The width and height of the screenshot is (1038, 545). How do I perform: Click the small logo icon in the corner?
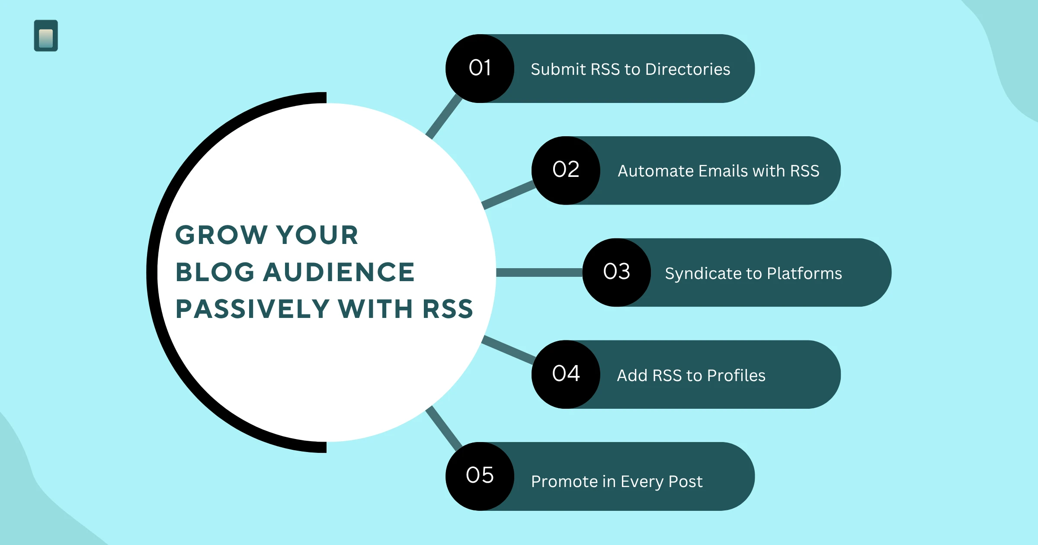(x=46, y=36)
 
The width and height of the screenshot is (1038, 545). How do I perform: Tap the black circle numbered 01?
(x=480, y=68)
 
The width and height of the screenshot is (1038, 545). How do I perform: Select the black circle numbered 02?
(x=566, y=170)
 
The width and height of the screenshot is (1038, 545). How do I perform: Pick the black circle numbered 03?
(x=616, y=272)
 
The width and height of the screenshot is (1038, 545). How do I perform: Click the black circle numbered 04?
(x=566, y=375)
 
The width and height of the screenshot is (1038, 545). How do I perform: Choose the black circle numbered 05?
(x=480, y=476)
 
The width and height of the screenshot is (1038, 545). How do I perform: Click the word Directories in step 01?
(x=688, y=69)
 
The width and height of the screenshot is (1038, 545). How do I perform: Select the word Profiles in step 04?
(x=736, y=375)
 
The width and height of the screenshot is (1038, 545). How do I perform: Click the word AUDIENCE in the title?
(x=339, y=272)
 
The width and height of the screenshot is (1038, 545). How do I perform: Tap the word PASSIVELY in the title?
(x=253, y=309)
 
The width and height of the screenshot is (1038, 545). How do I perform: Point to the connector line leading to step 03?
(x=539, y=272)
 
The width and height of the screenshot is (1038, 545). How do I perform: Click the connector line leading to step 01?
(x=444, y=116)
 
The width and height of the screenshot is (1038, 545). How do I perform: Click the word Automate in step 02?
(x=656, y=171)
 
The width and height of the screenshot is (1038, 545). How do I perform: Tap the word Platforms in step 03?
(x=804, y=273)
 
